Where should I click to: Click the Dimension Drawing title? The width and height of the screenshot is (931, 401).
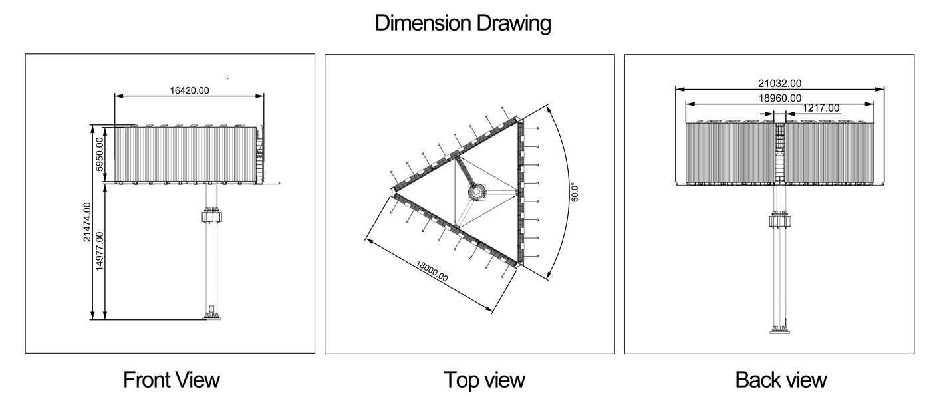463,23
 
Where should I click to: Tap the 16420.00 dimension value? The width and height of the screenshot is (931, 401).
190,90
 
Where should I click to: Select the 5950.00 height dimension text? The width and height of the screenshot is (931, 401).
99,154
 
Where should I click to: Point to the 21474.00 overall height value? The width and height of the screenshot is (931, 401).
87,222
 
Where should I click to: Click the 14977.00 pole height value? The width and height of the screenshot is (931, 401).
99,251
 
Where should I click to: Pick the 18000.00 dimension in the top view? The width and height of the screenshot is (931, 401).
432,271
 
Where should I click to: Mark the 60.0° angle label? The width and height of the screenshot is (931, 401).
575,192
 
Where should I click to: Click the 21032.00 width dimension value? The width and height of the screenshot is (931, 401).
779,84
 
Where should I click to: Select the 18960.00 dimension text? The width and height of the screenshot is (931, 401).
779,98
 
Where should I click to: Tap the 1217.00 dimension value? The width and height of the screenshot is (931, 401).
821,108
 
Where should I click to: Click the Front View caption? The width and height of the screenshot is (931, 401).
172,380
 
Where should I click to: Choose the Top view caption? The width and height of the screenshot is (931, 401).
484,380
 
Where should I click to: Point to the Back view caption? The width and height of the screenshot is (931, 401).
781,380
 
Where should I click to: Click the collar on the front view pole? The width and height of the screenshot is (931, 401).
212,215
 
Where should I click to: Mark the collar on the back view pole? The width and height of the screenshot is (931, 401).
779,219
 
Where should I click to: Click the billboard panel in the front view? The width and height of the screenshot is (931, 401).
186,154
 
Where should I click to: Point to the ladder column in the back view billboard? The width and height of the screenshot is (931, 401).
779,152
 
